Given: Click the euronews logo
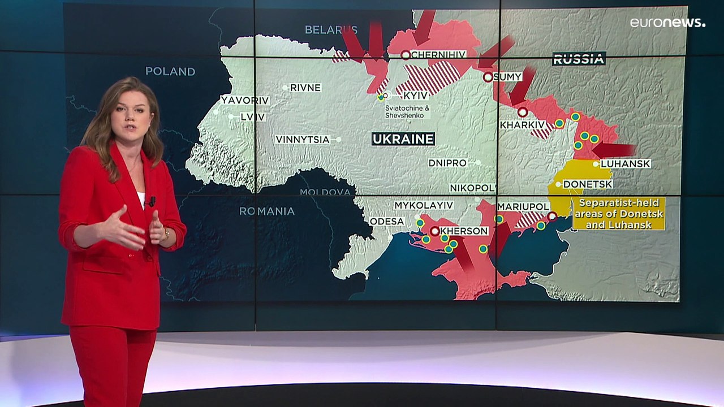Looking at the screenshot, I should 667,23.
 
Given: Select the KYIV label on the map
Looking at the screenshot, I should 416,96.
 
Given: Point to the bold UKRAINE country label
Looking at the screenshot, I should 403,138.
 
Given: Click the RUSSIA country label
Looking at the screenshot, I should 579,59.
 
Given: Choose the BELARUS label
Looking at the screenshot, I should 331,29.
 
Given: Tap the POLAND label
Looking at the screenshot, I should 170,72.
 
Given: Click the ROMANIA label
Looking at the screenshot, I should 267,211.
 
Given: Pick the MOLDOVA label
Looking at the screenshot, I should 325,192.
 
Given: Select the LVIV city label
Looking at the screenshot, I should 252,117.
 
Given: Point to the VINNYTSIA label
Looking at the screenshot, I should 303,140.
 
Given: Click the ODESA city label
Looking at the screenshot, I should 387,222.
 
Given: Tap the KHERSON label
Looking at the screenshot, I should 464,231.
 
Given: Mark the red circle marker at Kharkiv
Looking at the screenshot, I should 523,112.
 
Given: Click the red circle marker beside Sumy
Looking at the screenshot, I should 488,77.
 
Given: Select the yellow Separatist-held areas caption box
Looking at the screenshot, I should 618,214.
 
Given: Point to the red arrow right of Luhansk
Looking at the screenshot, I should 613,150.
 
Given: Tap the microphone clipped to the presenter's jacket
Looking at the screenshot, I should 152,201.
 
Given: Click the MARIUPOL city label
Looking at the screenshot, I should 524,207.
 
